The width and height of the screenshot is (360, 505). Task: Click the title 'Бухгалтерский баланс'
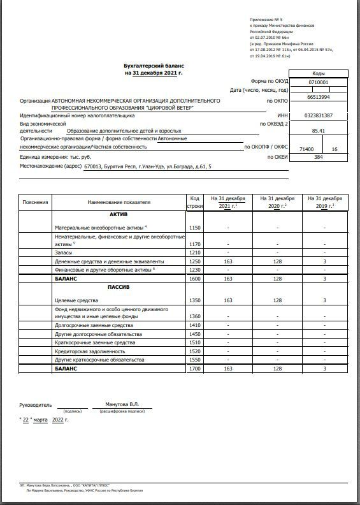point(152,66)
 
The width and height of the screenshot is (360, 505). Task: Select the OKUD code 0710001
point(318,82)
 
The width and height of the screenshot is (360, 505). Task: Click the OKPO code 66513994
point(318,98)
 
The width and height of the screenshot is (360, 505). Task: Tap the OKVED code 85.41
point(319,131)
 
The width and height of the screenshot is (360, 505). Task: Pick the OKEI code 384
point(319,156)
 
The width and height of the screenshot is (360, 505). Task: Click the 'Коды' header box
point(318,73)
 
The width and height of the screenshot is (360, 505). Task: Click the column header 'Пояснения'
point(35,202)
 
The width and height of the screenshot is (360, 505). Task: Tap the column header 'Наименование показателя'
point(119,202)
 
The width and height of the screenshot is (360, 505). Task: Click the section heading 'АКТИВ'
point(119,214)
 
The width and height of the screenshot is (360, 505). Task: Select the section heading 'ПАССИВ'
point(119,288)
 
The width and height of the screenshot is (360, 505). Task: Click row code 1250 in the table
point(195,261)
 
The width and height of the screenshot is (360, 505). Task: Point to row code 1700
point(195,369)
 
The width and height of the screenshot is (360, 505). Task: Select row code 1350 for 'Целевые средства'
point(195,300)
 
